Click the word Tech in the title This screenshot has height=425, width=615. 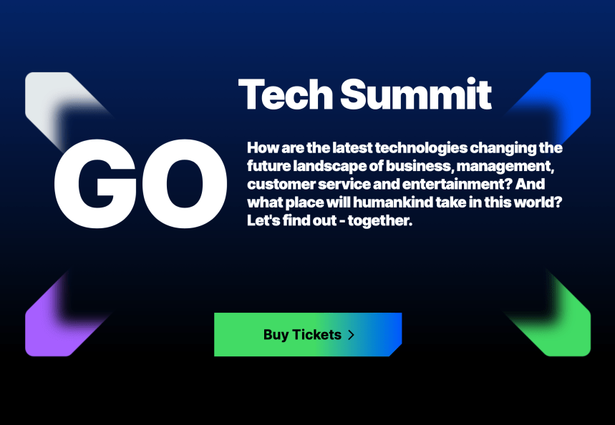(286, 94)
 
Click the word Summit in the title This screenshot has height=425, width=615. (416, 94)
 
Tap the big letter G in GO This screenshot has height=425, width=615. (95, 183)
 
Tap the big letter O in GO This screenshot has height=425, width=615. (185, 183)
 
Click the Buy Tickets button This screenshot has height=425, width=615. (308, 334)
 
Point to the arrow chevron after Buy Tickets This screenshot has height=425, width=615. (351, 335)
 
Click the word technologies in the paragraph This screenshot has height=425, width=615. (421, 149)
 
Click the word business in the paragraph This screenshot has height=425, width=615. (420, 166)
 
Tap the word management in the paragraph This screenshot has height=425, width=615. (505, 167)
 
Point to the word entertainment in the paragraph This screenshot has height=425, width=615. (457, 185)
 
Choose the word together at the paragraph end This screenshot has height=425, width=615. (380, 221)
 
